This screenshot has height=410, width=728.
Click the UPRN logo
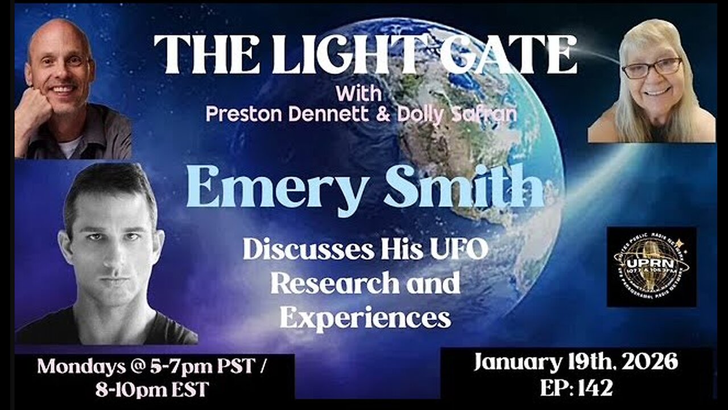651,266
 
